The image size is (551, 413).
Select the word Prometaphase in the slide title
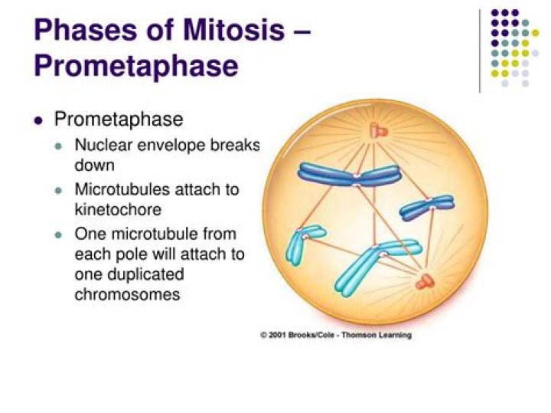(135, 65)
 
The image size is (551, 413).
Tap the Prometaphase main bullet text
(118, 120)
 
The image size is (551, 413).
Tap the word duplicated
(144, 275)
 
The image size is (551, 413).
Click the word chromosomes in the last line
(127, 294)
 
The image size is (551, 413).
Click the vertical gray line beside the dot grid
(481, 50)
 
